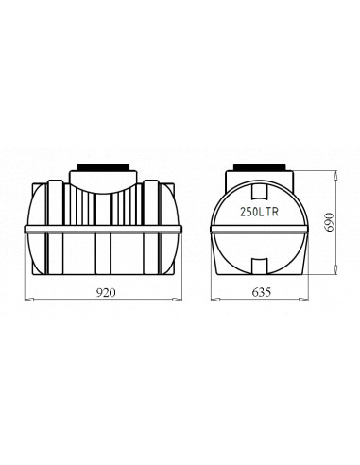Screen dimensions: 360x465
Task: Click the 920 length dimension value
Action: pos(106,293)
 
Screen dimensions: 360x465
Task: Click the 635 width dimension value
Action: pos(261,293)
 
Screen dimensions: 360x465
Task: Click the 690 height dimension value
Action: pos(330,222)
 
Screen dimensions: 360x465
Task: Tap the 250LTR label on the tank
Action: pos(259,212)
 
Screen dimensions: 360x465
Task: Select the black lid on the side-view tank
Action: pos(103,167)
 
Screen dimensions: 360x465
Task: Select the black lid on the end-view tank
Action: pos(259,167)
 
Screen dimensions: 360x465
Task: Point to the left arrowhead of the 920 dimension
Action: pos(28,300)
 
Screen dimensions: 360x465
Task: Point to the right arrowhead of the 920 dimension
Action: pos(178,300)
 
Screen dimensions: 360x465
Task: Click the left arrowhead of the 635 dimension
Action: pos(215,300)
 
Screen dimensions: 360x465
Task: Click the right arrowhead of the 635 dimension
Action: pos(304,300)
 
